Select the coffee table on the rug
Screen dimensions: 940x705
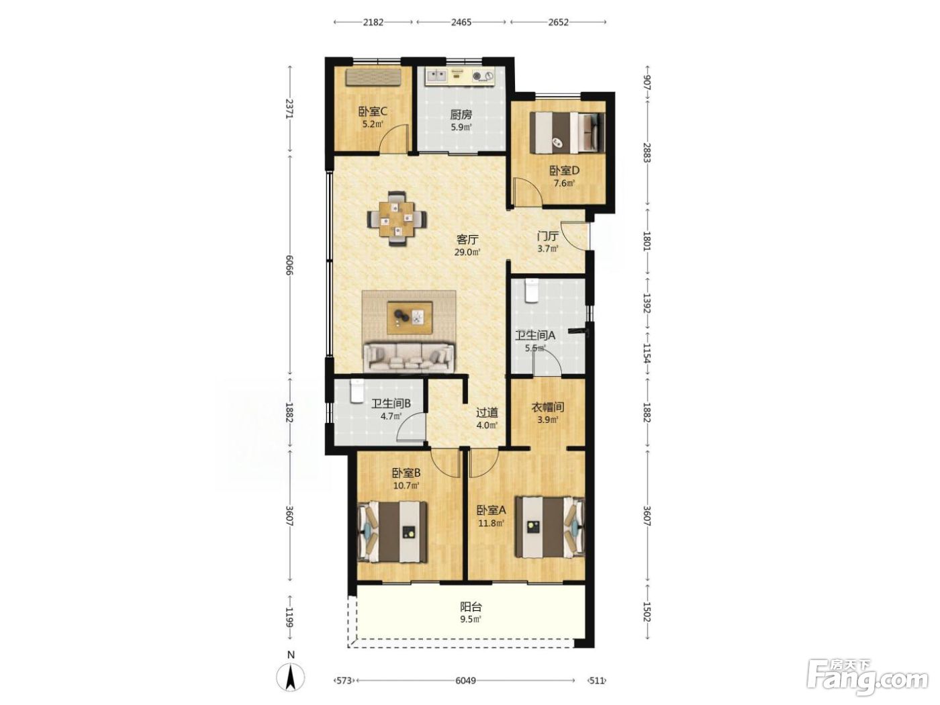410,317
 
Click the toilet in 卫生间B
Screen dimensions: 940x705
357,391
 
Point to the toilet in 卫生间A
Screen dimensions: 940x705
532,291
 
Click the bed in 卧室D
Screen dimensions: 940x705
567,132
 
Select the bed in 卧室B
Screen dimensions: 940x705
392,532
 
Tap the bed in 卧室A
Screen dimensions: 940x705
551,527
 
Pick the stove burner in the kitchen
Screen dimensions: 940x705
483,76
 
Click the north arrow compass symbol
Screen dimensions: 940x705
291,677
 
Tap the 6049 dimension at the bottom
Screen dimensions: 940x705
465,680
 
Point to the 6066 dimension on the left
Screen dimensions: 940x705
290,265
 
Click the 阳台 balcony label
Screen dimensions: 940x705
471,606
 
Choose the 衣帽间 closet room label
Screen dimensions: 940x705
548,407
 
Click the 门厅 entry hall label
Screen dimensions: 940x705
548,236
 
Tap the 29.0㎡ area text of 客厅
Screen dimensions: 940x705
467,252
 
